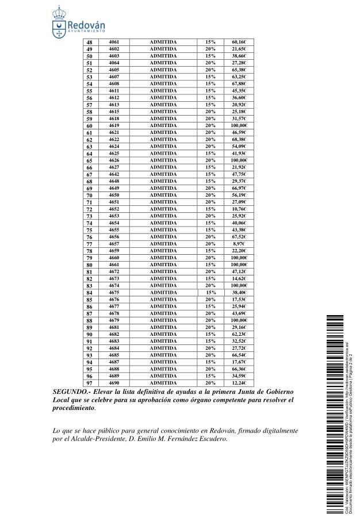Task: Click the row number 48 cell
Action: point(89,43)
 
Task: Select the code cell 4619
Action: point(114,125)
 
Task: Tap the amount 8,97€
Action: point(239,244)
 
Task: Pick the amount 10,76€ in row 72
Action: point(239,209)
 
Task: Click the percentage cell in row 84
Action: point(210,292)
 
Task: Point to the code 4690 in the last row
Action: point(114,382)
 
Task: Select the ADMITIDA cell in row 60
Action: point(163,125)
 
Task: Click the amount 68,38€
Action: point(239,139)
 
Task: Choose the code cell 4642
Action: point(114,174)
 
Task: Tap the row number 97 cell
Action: point(89,383)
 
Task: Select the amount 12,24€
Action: point(239,382)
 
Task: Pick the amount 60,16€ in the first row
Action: point(239,42)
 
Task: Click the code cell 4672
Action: point(114,271)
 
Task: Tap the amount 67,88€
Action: point(239,83)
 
